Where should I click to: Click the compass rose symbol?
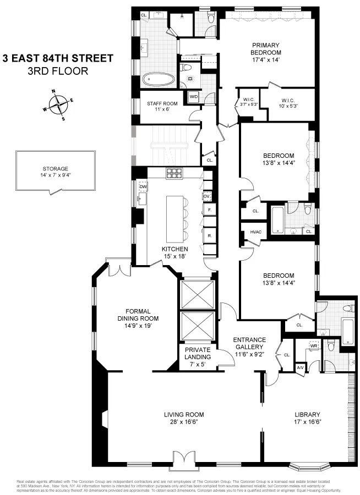click(58, 103)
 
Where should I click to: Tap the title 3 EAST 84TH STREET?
click(58, 58)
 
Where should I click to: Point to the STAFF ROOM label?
click(162, 106)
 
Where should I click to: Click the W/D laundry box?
click(194, 97)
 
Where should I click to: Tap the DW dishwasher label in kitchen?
click(143, 187)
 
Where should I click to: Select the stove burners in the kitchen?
click(174, 173)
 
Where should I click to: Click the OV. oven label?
click(207, 196)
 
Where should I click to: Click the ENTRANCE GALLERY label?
click(249, 343)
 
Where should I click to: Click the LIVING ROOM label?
click(184, 418)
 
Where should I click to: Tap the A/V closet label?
click(300, 367)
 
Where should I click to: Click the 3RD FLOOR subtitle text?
click(58, 71)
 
